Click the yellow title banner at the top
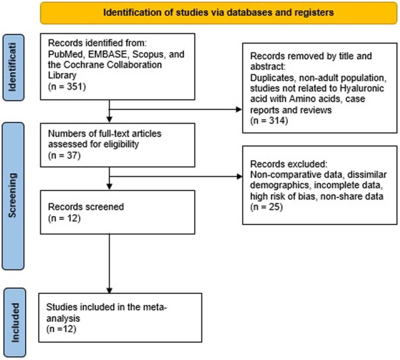click(x=219, y=13)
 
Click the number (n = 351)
click(x=67, y=86)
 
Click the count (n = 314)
click(x=269, y=120)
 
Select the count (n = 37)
click(x=64, y=155)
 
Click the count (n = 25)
click(x=267, y=207)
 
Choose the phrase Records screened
click(x=86, y=207)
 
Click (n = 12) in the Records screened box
click(x=64, y=218)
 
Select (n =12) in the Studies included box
click(x=61, y=329)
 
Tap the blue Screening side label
click(x=13, y=196)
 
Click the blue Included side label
click(x=15, y=323)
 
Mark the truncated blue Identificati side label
click(x=14, y=67)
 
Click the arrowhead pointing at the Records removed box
click(x=239, y=109)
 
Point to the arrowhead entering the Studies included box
click(x=109, y=291)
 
